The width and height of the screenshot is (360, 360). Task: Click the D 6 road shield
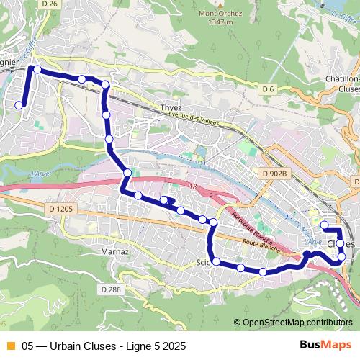pos(269,89)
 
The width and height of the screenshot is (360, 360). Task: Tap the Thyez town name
pos(171,107)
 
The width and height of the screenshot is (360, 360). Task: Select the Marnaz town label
pos(115,252)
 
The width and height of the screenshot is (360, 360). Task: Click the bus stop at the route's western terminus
pos(19,105)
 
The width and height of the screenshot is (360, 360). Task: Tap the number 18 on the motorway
pos(193,186)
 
